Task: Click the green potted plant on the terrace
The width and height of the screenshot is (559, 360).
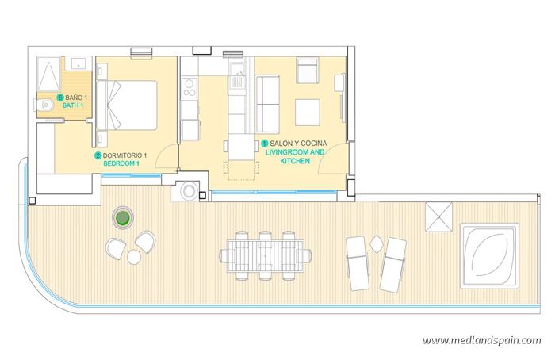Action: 121,217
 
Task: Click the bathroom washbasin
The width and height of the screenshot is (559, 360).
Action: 78,63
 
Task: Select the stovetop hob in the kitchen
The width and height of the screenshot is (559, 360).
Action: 190,88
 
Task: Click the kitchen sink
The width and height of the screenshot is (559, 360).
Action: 236,78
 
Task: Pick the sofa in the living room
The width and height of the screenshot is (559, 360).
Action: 270,104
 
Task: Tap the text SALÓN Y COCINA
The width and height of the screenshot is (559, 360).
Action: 299,143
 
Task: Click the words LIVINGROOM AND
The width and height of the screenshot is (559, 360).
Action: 295,151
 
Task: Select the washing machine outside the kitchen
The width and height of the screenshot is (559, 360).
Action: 191,191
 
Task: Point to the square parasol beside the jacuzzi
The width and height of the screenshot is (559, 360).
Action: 438,215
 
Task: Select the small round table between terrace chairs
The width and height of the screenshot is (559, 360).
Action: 133,257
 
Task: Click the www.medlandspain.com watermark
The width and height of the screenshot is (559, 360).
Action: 481,340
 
